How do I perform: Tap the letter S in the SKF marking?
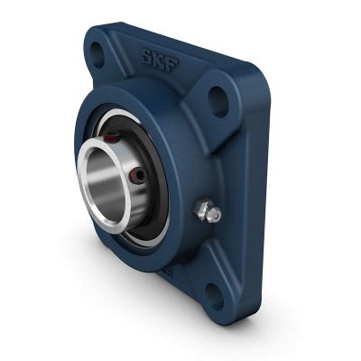pyautogui.click(x=144, y=55)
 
